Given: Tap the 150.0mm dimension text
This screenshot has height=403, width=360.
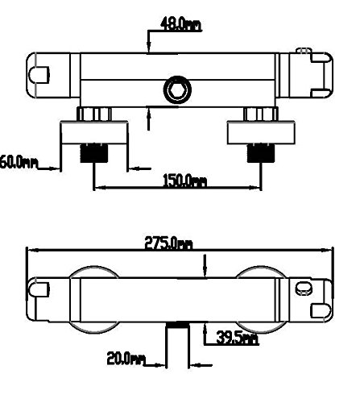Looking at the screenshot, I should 184,181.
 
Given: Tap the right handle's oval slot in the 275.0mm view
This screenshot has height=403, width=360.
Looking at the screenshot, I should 304,289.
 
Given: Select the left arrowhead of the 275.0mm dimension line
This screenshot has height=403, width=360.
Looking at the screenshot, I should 30,251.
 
